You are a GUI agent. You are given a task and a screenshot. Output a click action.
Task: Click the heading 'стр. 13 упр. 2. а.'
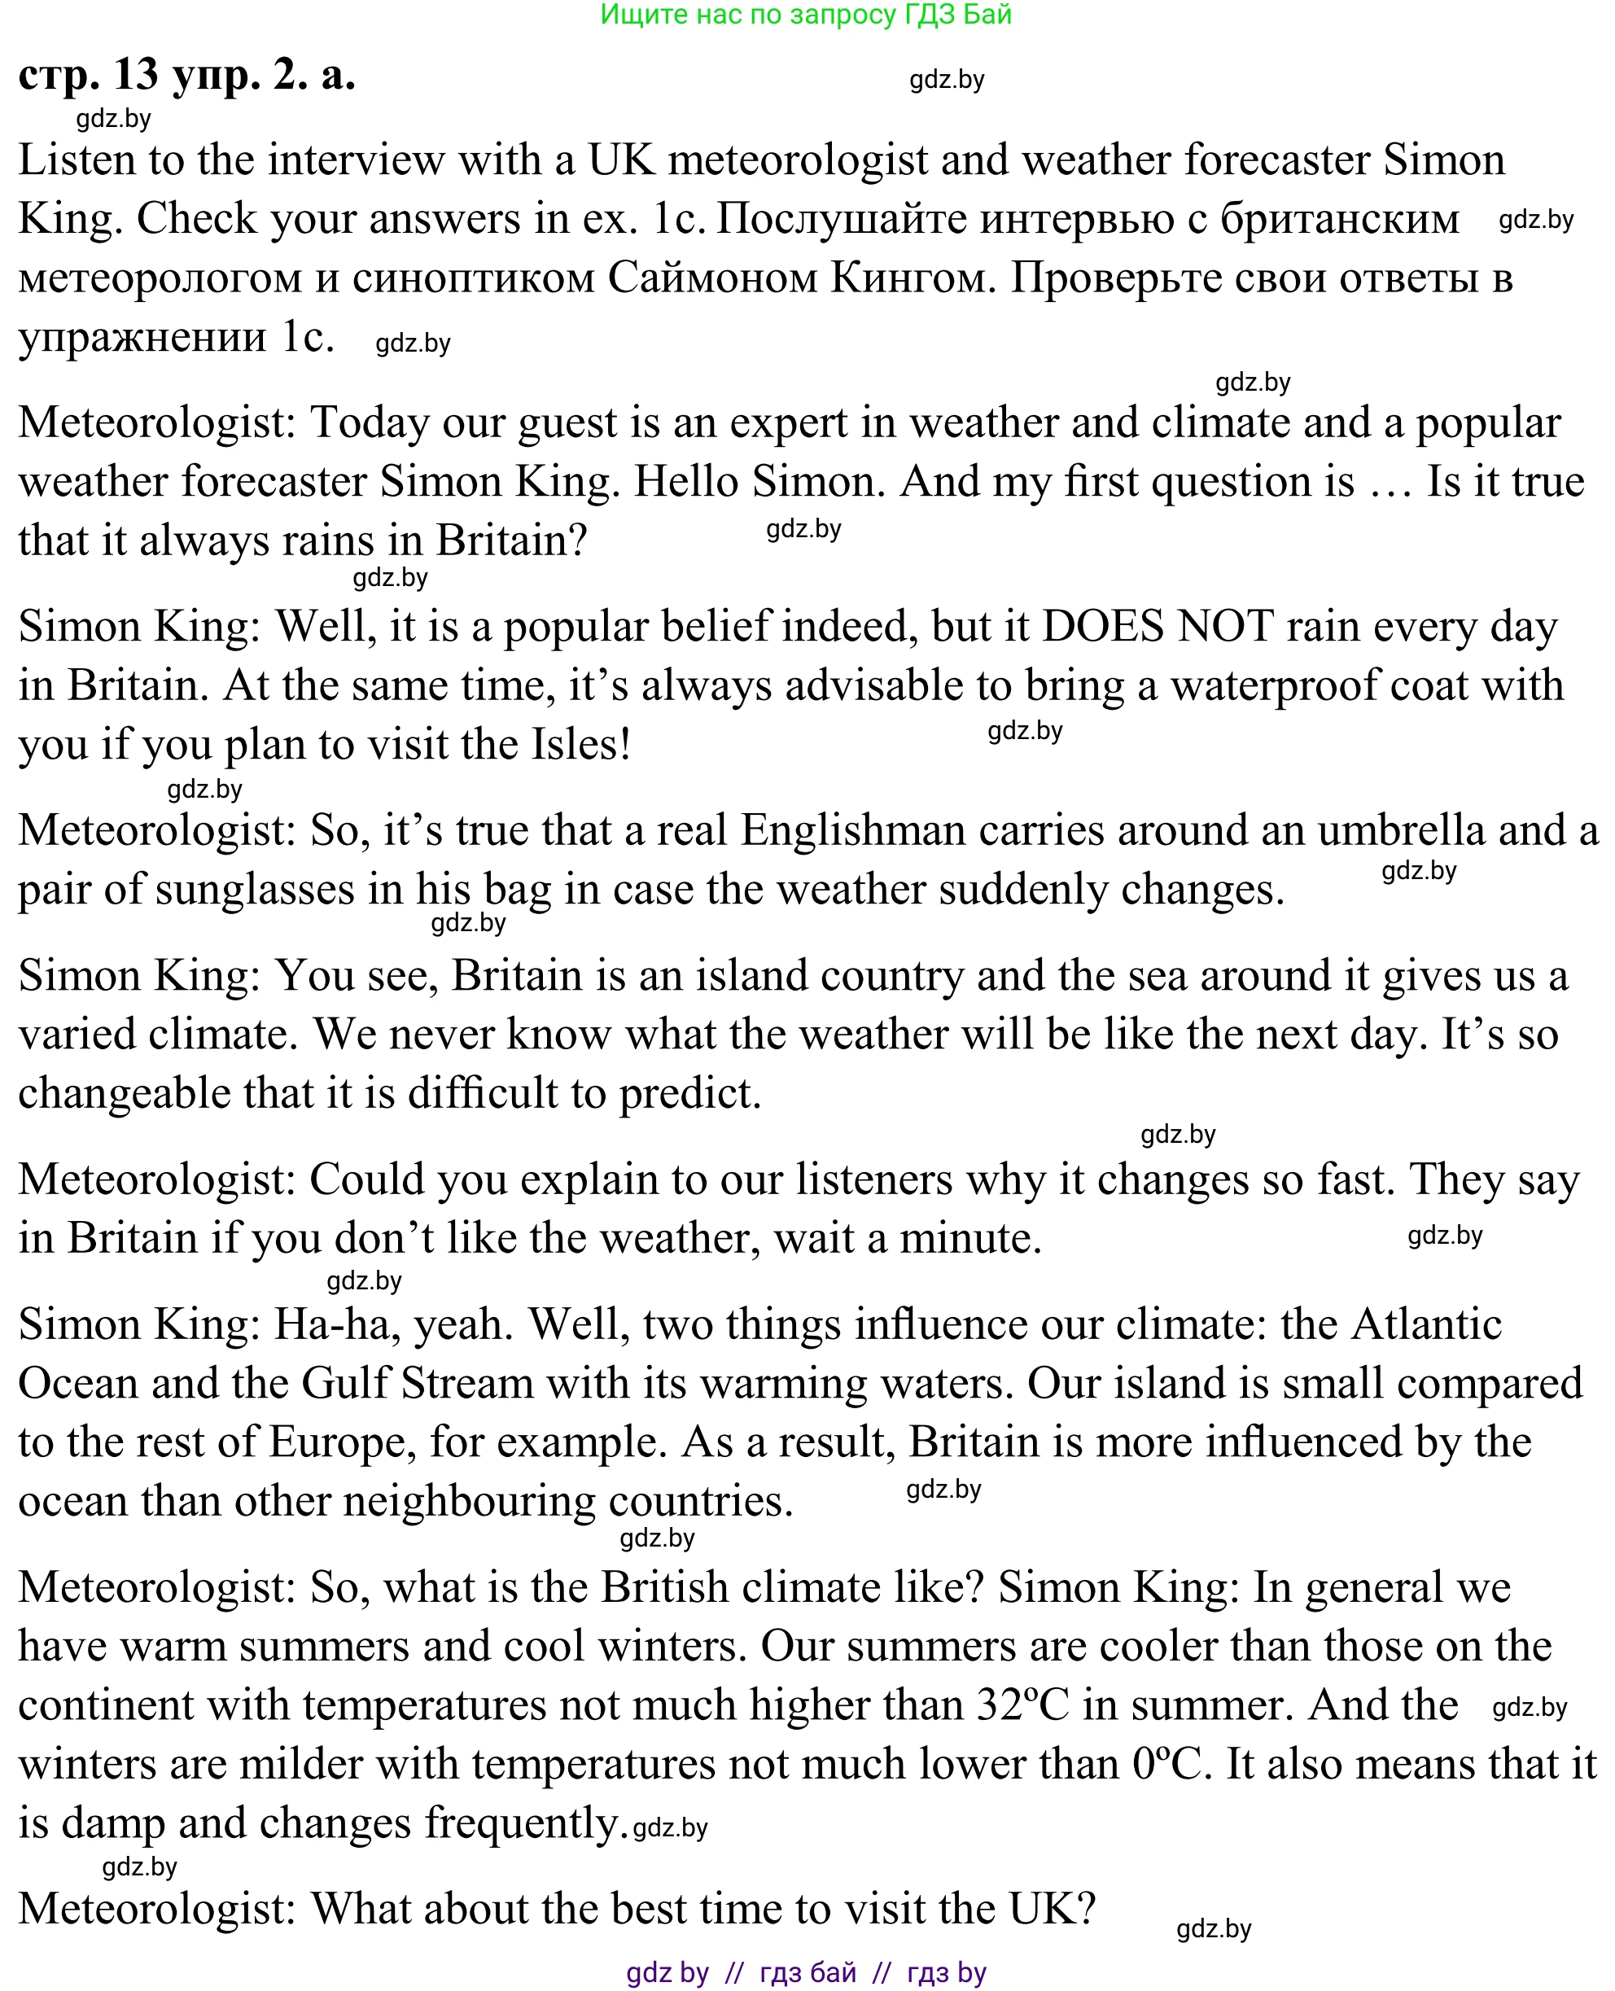[x=187, y=74]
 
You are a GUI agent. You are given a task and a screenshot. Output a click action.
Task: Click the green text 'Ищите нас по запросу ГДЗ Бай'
[x=806, y=15]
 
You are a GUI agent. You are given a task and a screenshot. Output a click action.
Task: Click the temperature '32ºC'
[x=1022, y=1705]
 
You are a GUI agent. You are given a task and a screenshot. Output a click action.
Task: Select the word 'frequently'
[x=521, y=1823]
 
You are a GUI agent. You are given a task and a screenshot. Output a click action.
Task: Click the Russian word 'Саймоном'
[x=711, y=278]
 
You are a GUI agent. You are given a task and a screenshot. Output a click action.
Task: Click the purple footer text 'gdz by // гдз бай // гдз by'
[x=806, y=1971]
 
